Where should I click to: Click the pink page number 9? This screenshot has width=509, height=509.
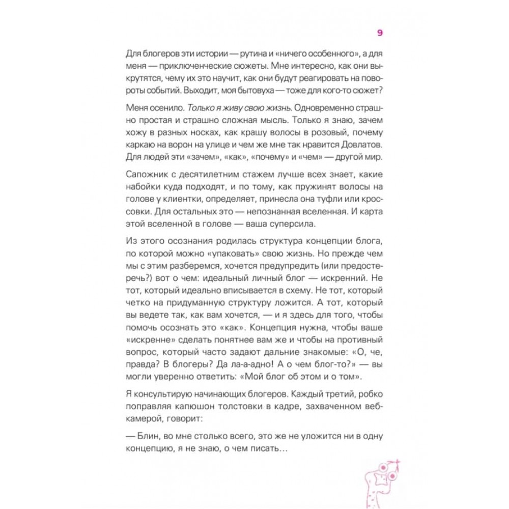[x=380, y=34]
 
